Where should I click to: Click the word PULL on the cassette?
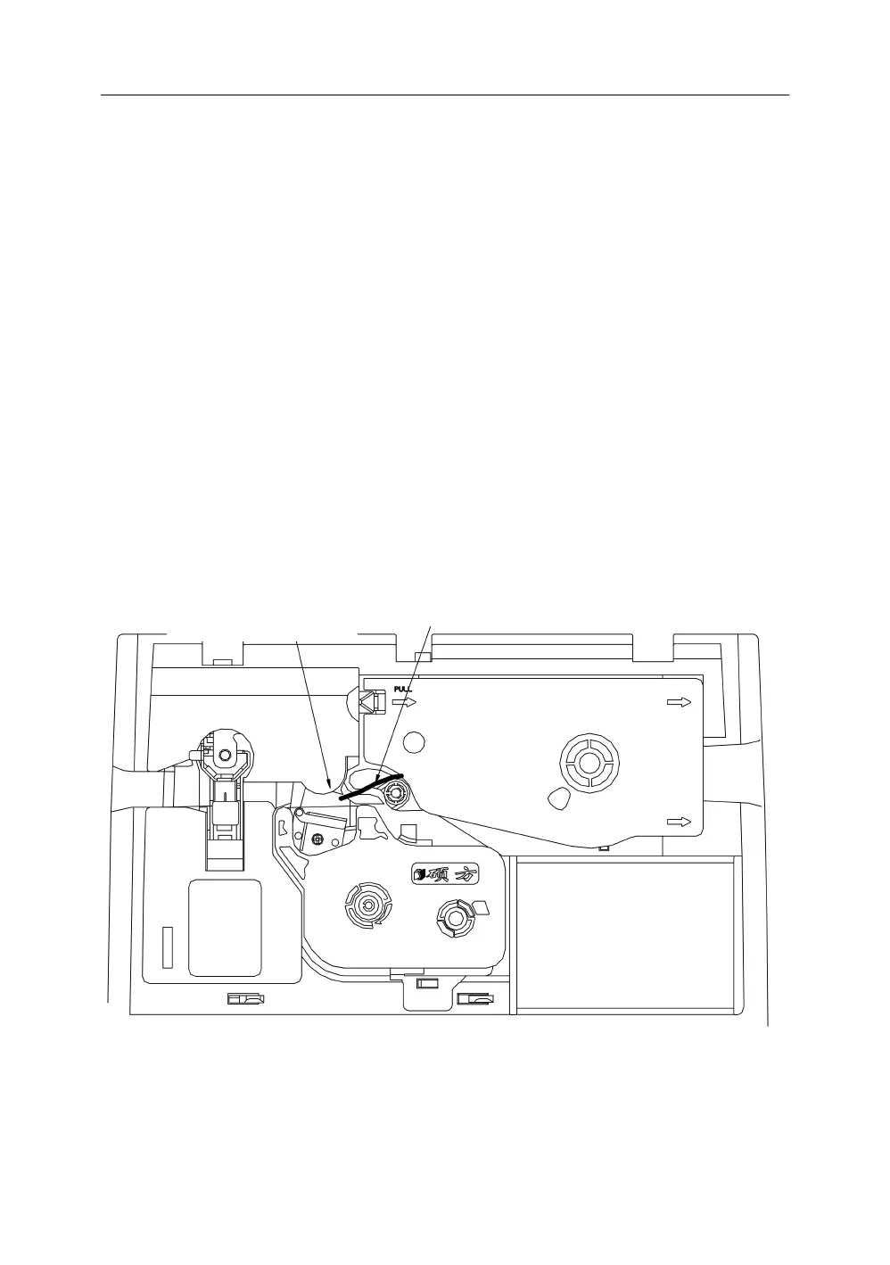click(403, 689)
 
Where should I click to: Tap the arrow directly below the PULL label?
click(405, 703)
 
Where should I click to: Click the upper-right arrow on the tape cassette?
click(680, 703)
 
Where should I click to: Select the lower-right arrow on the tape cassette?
click(680, 822)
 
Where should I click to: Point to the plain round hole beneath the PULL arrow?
click(412, 740)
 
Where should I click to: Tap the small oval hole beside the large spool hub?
click(559, 798)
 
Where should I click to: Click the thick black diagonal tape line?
click(369, 786)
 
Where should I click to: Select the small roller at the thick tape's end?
click(393, 792)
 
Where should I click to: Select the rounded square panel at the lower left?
click(225, 927)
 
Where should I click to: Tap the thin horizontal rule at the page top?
click(444, 95)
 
